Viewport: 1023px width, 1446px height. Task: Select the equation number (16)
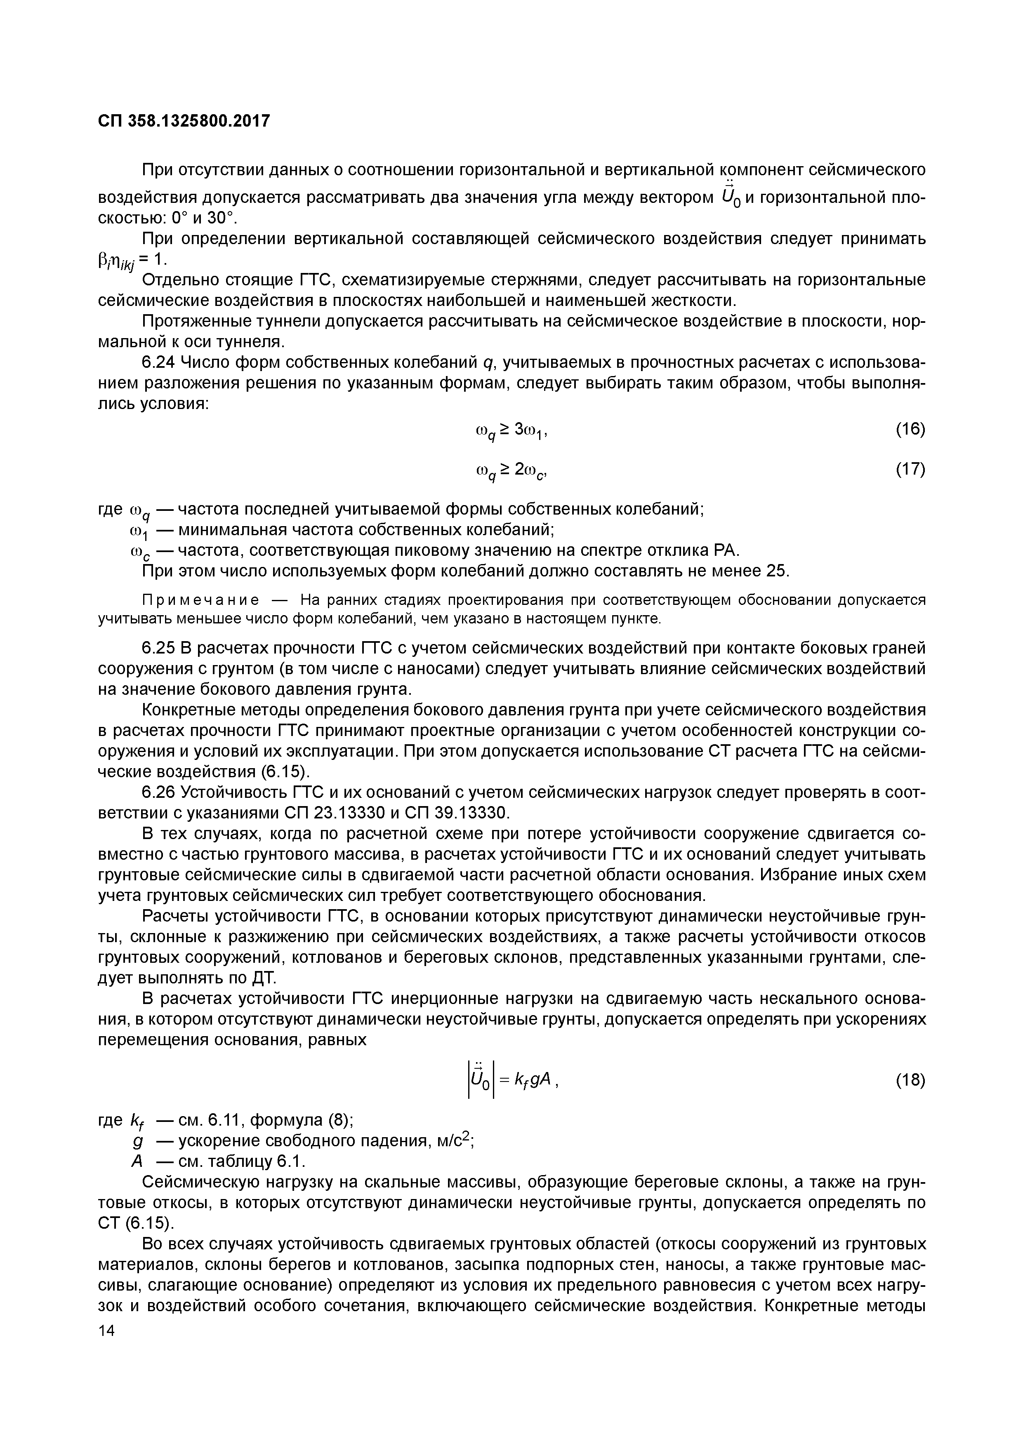point(910,430)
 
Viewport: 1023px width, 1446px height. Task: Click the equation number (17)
point(910,469)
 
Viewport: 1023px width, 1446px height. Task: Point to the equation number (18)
point(910,1080)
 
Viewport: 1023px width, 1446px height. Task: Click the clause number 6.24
point(159,363)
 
